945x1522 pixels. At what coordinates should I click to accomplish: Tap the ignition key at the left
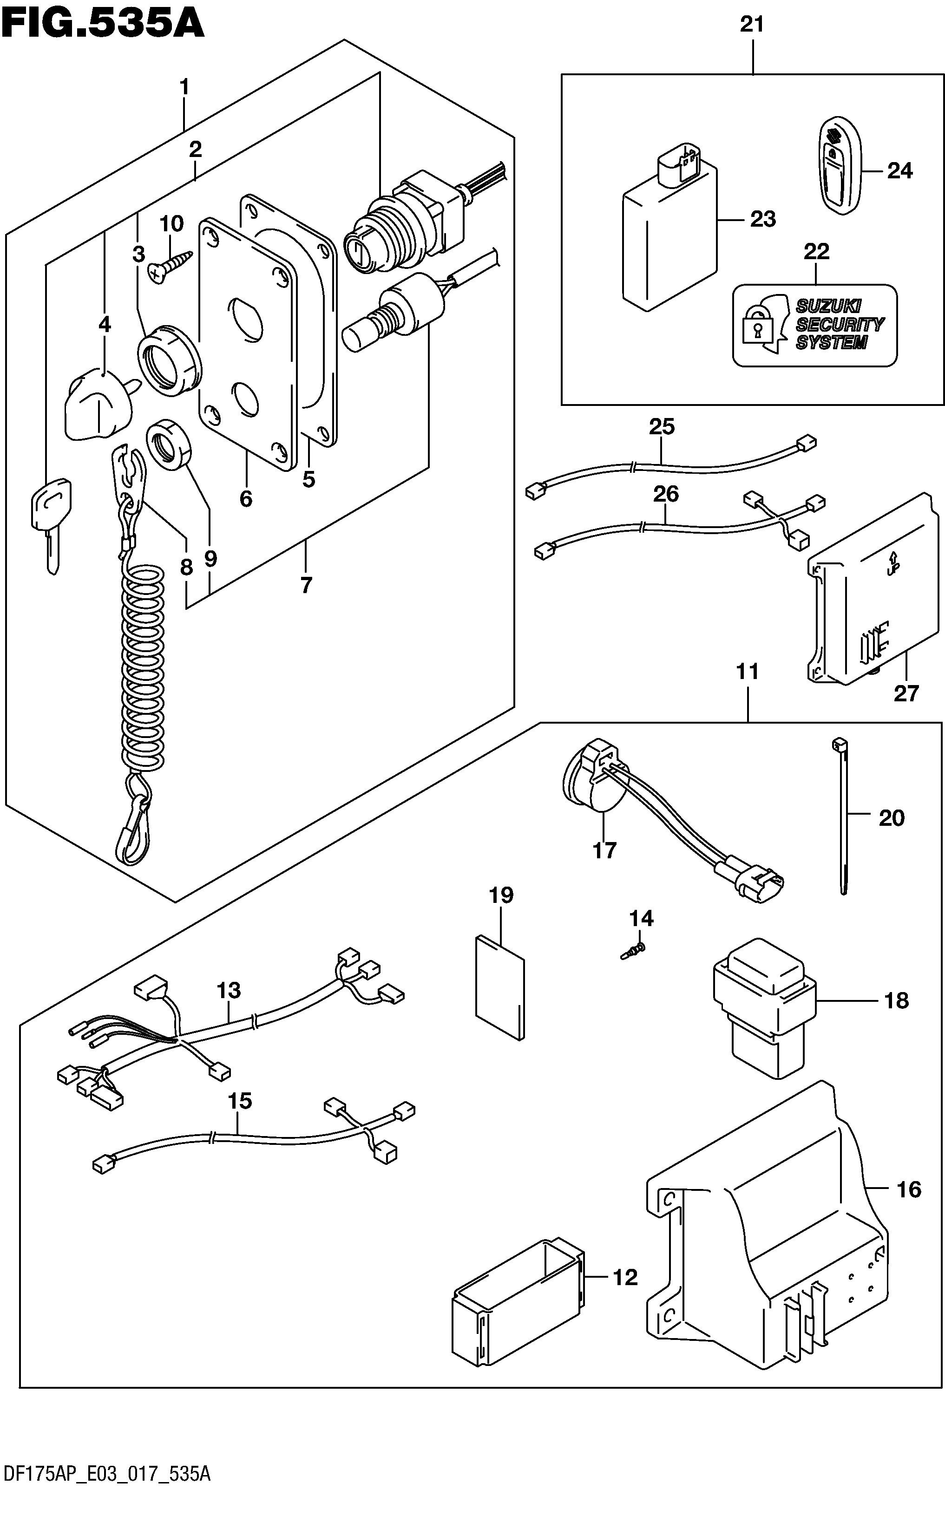point(51,523)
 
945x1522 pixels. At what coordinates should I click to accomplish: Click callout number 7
point(306,585)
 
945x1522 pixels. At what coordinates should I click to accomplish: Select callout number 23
point(762,219)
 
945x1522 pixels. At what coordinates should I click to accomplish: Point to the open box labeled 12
point(518,1274)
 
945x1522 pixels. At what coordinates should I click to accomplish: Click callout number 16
point(909,1189)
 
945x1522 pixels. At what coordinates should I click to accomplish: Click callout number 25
point(662,427)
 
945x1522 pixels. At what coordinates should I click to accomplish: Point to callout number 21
point(752,25)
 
